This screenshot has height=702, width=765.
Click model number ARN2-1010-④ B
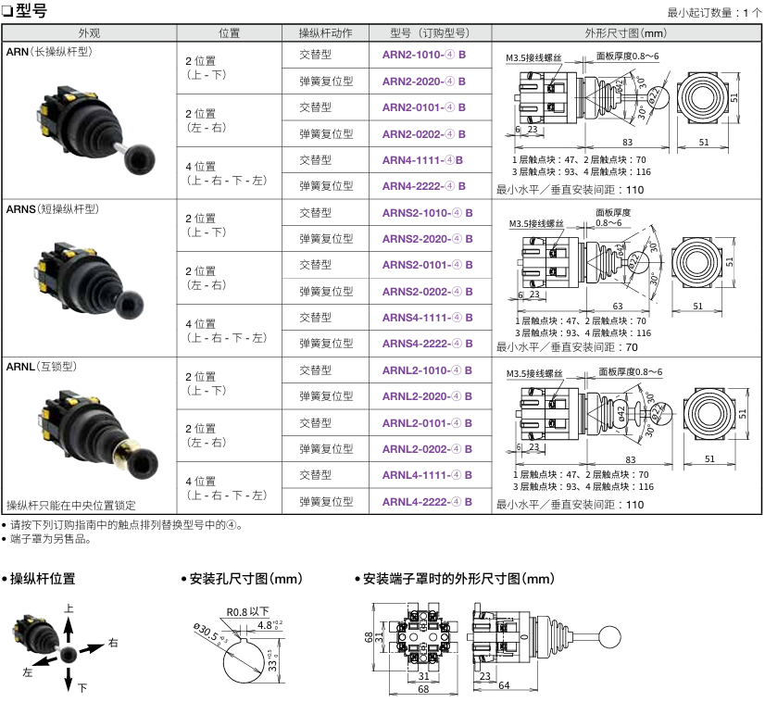pyautogui.click(x=423, y=55)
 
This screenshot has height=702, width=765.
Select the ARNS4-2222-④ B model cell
pyautogui.click(x=427, y=344)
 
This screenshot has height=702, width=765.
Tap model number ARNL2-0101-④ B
pyautogui.click(x=427, y=423)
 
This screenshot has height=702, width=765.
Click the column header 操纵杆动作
pyautogui.click(x=325, y=33)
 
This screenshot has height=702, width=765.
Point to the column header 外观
pyautogui.click(x=89, y=33)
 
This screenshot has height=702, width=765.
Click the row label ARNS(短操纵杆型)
pyautogui.click(x=53, y=209)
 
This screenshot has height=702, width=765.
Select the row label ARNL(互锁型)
pyautogui.click(x=42, y=367)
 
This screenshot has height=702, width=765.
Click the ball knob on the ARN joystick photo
pyautogui.click(x=140, y=158)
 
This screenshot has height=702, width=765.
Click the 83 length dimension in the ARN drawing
pyautogui.click(x=627, y=142)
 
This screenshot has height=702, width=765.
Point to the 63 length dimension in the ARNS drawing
pyautogui.click(x=618, y=306)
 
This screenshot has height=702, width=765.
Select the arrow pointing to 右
pyautogui.click(x=92, y=648)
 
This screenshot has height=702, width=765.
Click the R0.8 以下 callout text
pyautogui.click(x=247, y=612)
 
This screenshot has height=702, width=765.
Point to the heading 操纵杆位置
pyautogui.click(x=43, y=579)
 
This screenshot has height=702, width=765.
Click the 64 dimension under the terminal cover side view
pyautogui.click(x=504, y=685)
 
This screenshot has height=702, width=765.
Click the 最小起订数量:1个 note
pyautogui.click(x=714, y=13)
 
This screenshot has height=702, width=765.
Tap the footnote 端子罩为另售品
pyautogui.click(x=51, y=539)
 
